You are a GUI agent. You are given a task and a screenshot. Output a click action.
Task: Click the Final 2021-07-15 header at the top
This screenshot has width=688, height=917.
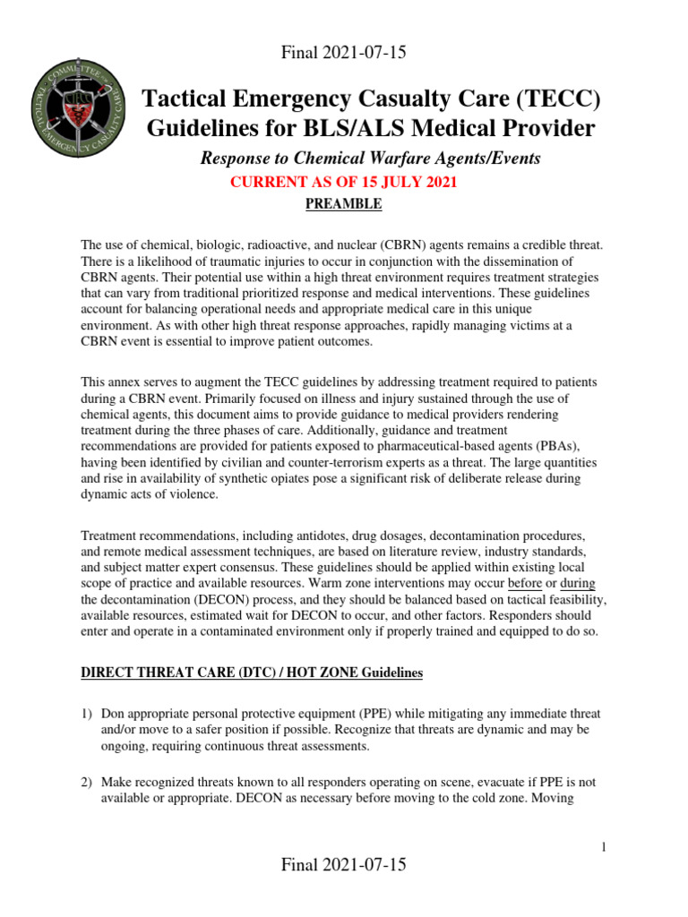click(344, 53)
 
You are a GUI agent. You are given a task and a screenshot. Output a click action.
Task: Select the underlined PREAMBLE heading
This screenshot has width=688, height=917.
click(344, 204)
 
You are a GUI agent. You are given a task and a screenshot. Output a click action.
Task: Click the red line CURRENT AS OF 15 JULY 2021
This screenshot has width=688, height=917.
click(344, 183)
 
